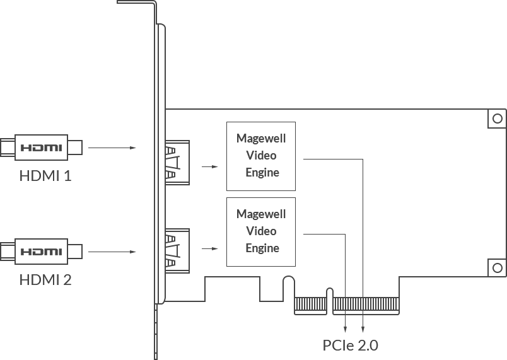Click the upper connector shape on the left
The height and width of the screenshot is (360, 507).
tap(42, 146)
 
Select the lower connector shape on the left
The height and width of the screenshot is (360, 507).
tap(42, 252)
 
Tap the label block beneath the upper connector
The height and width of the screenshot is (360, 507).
tap(48, 174)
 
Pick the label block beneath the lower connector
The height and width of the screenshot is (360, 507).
tap(48, 280)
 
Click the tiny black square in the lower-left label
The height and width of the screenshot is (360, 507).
tap(63, 280)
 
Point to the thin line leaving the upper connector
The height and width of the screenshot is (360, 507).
tap(118, 149)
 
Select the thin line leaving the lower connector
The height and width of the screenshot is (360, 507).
tap(105, 252)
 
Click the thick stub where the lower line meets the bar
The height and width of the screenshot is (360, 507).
tap(139, 253)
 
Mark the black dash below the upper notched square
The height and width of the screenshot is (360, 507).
tap(280, 179)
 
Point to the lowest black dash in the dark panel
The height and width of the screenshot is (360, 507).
tap(280, 255)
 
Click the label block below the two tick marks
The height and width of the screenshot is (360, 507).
tap(351, 345)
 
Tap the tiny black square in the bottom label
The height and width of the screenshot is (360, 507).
tap(341, 345)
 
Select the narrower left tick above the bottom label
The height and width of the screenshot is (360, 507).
tap(346, 325)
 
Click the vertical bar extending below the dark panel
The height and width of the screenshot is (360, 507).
tap(156, 334)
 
